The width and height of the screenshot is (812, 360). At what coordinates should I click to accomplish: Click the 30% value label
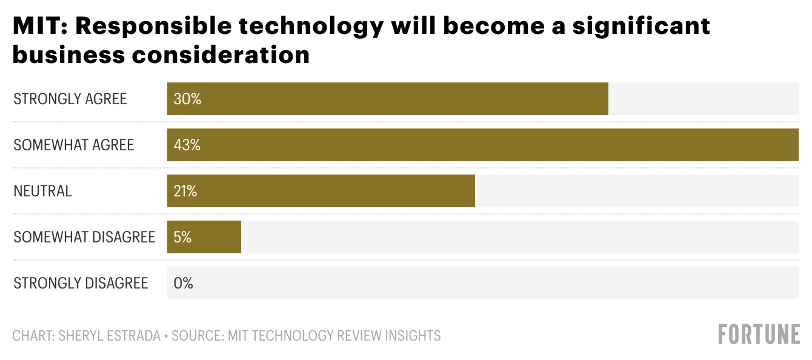[x=187, y=99]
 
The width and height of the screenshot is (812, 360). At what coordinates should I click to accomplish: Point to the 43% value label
[x=187, y=145]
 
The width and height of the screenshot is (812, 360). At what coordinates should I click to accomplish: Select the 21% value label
[x=185, y=192]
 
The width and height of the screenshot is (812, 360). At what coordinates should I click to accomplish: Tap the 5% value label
[x=182, y=238]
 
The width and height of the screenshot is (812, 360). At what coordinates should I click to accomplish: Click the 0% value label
[x=183, y=283]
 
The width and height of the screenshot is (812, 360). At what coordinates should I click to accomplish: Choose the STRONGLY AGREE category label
[x=70, y=99]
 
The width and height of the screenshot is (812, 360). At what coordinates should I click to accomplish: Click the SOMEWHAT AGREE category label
[x=74, y=145]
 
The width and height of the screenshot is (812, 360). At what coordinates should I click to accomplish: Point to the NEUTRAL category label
[x=43, y=192]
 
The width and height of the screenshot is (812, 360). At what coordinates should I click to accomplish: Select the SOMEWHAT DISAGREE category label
[x=84, y=237]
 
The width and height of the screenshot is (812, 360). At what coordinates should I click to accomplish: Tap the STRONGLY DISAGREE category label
[x=81, y=283]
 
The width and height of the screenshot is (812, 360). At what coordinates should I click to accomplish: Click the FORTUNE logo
[x=759, y=335]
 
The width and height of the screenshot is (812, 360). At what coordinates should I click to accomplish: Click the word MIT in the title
[x=37, y=26]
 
